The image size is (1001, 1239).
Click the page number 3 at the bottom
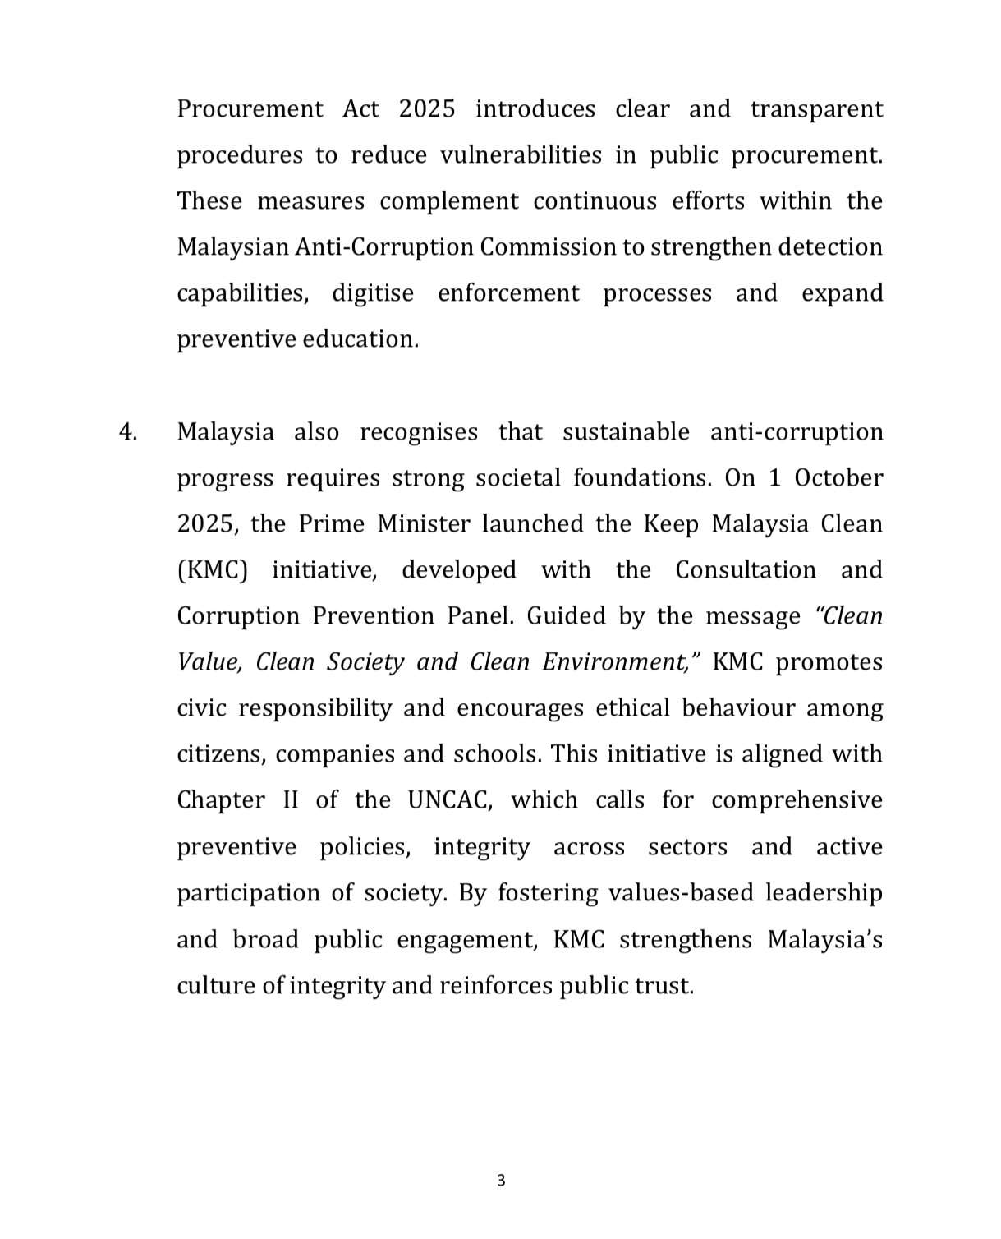(501, 1181)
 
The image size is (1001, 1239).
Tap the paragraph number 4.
(127, 432)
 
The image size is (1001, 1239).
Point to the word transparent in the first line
(816, 109)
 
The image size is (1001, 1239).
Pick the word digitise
(373, 293)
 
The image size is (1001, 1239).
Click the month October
(838, 478)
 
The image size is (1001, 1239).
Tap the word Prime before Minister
(331, 524)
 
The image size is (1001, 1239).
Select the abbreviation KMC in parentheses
(212, 570)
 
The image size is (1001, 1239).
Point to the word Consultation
(746, 570)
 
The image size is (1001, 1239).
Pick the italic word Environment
(615, 662)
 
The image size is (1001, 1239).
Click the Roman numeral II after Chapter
(291, 800)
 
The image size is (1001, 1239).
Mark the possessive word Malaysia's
(824, 939)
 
